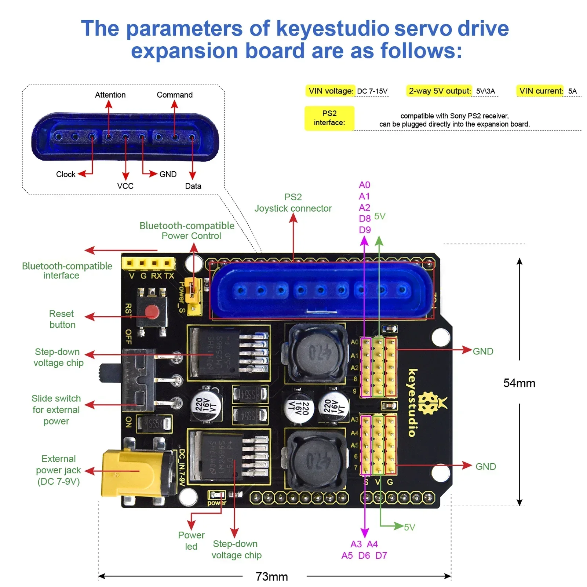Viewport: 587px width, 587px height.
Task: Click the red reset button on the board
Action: coord(151,312)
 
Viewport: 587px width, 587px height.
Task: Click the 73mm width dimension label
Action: coord(271,576)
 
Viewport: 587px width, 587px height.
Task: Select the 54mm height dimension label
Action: coord(519,383)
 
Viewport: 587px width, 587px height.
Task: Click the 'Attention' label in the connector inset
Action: coord(110,95)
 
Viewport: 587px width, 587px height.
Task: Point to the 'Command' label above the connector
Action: coord(174,95)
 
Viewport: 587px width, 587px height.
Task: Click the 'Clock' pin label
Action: coord(66,174)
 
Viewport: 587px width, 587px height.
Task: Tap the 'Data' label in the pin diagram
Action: coord(193,186)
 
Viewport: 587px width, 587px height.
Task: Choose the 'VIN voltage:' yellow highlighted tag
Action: coord(331,91)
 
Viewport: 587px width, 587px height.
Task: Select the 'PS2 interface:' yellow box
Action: coord(329,118)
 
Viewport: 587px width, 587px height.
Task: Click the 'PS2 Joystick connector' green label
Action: coord(293,203)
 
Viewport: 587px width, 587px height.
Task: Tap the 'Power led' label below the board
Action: coord(191,540)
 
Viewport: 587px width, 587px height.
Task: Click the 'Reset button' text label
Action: coord(62,319)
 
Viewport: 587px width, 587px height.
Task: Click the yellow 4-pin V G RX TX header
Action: coord(148,263)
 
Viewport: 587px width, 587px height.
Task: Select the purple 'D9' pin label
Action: coord(365,230)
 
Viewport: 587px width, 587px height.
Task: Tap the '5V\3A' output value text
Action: coord(485,91)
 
